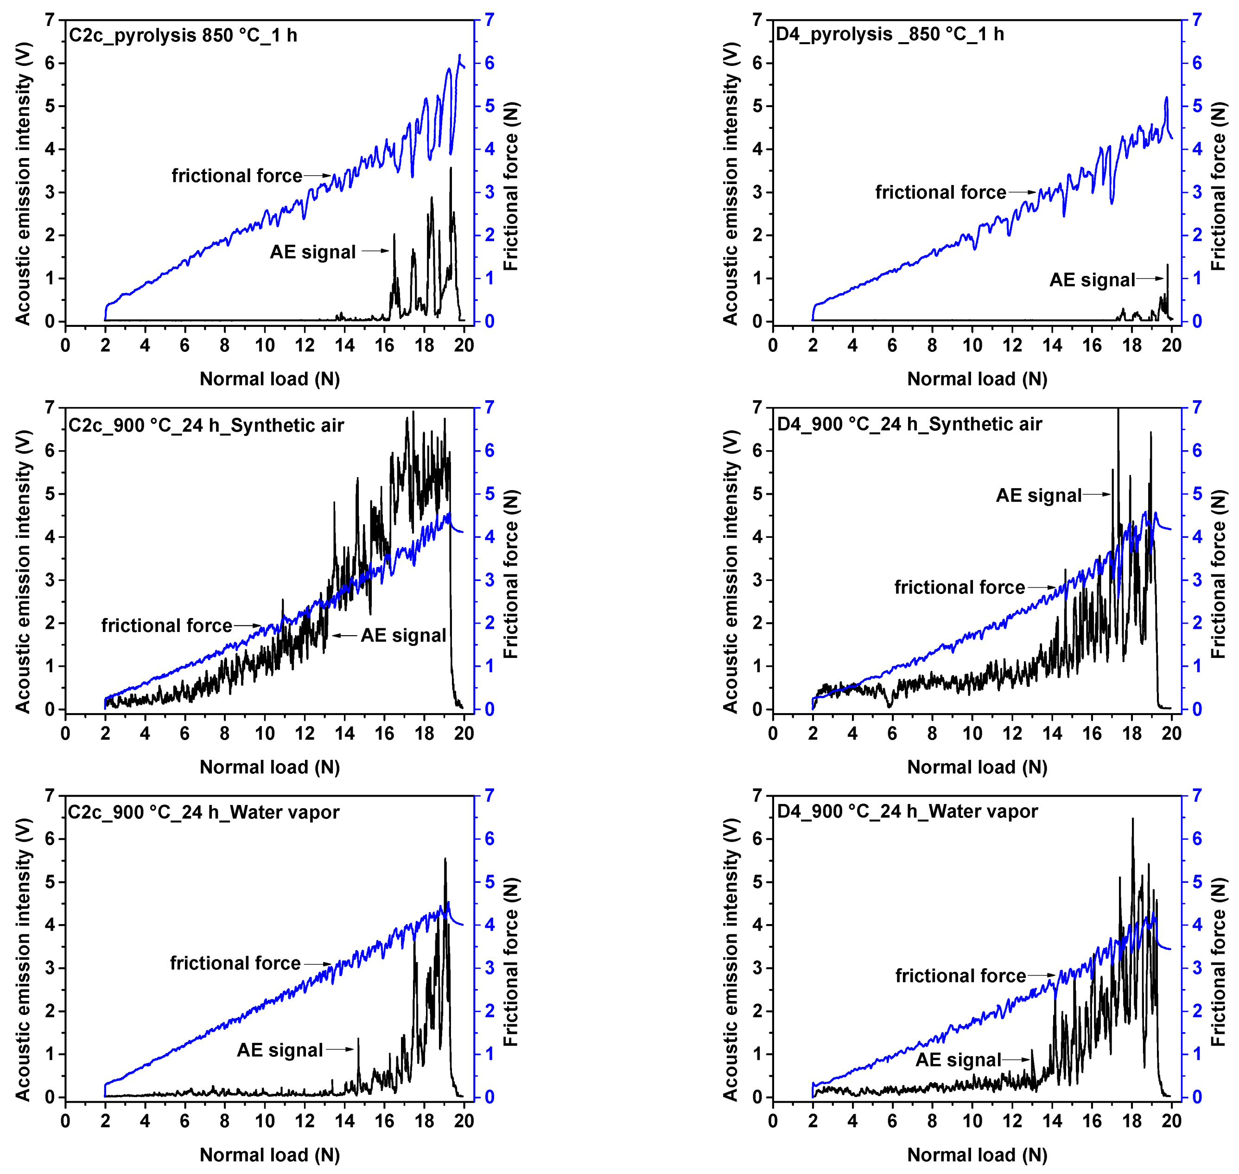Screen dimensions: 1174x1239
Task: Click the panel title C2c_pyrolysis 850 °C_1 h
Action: tap(183, 36)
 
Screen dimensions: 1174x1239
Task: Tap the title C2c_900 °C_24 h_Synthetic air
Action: tap(206, 426)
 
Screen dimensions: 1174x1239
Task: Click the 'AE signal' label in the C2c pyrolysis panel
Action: tap(312, 252)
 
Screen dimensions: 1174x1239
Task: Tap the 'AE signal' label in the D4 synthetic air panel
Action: tap(1038, 496)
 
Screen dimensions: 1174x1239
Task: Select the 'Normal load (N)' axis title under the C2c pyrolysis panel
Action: tap(270, 379)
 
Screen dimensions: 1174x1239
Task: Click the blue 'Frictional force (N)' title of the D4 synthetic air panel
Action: tap(1217, 574)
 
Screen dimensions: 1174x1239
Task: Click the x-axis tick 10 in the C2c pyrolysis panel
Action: tap(264, 345)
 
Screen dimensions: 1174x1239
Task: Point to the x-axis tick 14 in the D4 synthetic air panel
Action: tap(1052, 734)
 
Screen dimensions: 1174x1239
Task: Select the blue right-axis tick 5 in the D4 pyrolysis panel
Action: tap(1196, 106)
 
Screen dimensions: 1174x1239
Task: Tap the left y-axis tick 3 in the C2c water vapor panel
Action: tap(50, 968)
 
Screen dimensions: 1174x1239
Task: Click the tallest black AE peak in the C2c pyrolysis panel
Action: tap(451, 168)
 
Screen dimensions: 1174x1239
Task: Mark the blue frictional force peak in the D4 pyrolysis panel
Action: tap(1166, 98)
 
